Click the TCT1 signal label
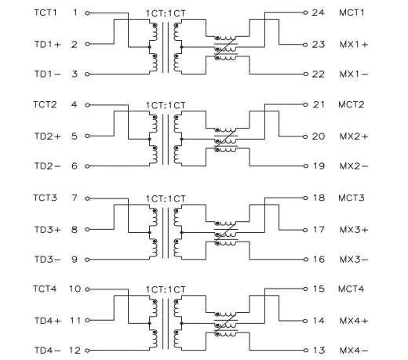(46, 13)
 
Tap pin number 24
(318, 13)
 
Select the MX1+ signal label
(354, 45)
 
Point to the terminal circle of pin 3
(87, 75)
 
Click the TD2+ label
(48, 136)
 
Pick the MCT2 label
(352, 104)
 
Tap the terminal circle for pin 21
(305, 104)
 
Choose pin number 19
(319, 166)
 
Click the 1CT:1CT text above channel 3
(166, 199)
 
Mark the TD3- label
(48, 260)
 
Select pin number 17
(319, 230)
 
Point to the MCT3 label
(352, 198)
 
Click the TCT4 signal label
(45, 289)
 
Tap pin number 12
(75, 351)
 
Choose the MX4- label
(354, 351)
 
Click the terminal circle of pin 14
(305, 321)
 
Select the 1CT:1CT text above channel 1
(166, 13)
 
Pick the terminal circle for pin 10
(87, 289)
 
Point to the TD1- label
(48, 75)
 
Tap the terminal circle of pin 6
(87, 166)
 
